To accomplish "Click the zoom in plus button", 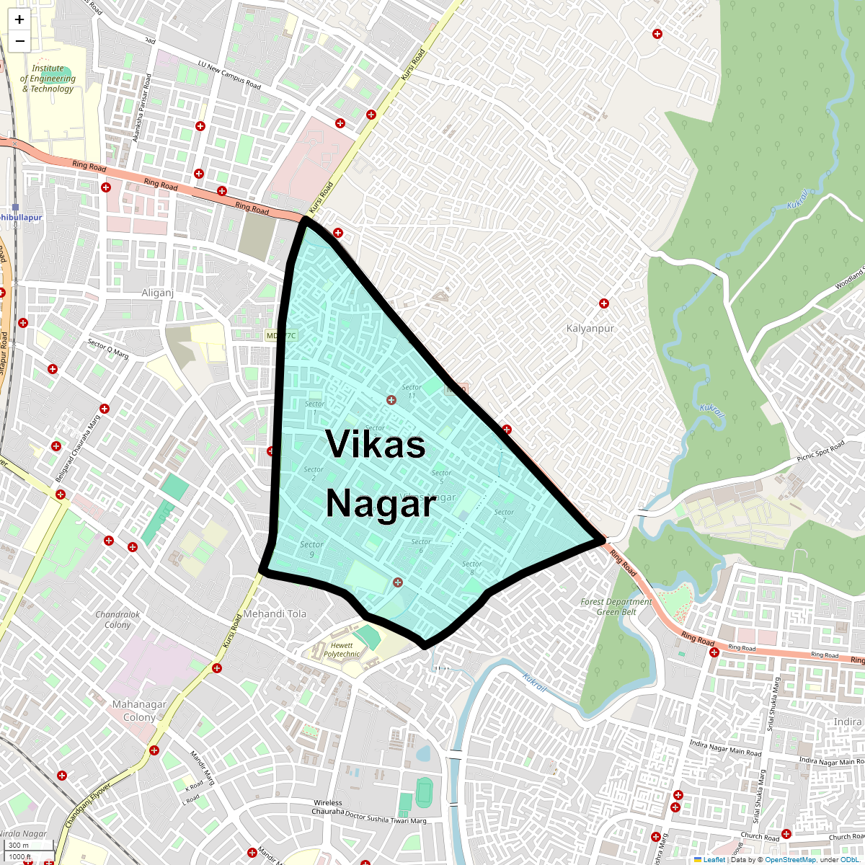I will tap(19, 20).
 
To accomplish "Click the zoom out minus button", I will tap(19, 41).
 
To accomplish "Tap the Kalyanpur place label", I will tap(590, 328).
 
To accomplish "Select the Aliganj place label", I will tap(158, 293).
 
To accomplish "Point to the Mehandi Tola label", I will tap(275, 614).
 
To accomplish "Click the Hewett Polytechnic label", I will tap(342, 650).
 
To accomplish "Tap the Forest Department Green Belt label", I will tap(616, 607).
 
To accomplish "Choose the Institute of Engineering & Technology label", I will tap(48, 79).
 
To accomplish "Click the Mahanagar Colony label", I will tap(139, 711).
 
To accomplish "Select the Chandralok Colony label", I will tap(117, 620).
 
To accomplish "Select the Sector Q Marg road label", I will tap(108, 349).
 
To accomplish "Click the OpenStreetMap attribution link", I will tap(790, 859).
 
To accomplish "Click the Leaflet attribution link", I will tap(714, 859).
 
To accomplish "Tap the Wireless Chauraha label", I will tap(328, 807).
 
